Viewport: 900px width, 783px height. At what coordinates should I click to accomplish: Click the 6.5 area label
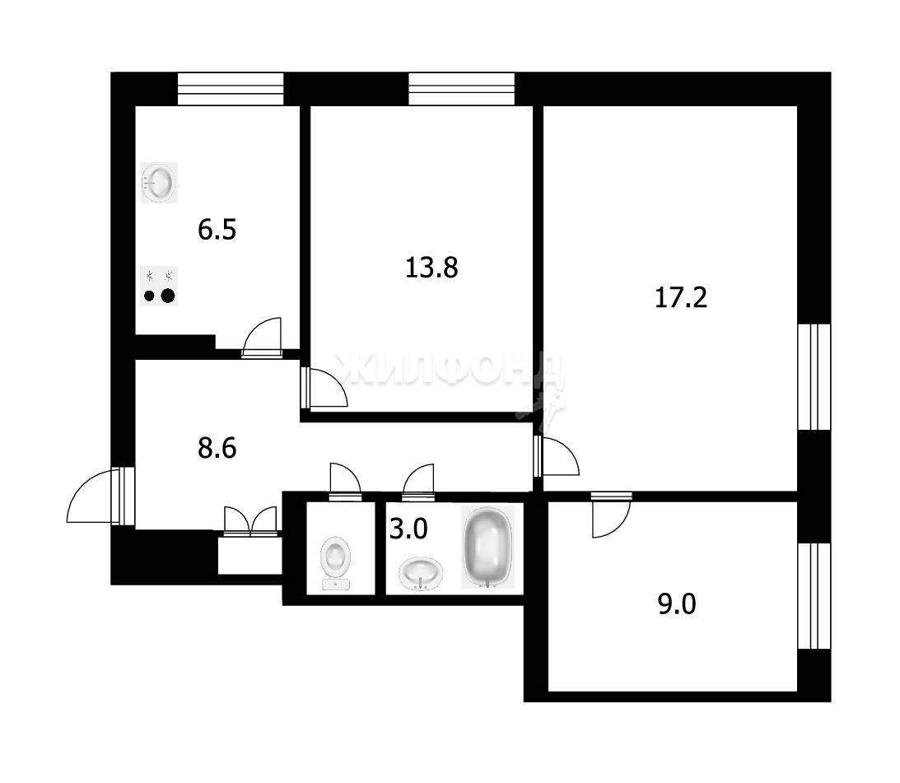(x=217, y=230)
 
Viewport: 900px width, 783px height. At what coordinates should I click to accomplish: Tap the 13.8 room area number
(x=431, y=268)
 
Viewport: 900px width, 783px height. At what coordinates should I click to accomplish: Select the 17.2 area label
(x=681, y=298)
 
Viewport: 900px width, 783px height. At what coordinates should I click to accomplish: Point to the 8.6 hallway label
(x=217, y=448)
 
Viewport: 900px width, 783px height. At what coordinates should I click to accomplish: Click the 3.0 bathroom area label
(x=408, y=529)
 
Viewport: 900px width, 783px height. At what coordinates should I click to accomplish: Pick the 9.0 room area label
(x=677, y=604)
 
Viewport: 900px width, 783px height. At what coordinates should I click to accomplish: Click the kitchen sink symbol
(x=159, y=183)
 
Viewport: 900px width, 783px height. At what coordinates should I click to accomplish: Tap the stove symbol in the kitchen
(x=159, y=286)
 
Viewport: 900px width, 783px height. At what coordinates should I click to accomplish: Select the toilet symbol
(x=336, y=562)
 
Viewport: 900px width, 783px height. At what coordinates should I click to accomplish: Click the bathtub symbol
(x=487, y=548)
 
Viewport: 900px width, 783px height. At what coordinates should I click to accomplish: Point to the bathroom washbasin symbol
(x=422, y=572)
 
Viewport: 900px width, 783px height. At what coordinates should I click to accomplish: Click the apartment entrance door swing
(x=95, y=496)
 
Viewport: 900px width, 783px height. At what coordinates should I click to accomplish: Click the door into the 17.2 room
(x=557, y=456)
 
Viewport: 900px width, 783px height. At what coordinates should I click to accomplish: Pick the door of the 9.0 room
(x=612, y=515)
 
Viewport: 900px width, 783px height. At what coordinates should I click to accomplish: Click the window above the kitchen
(x=231, y=89)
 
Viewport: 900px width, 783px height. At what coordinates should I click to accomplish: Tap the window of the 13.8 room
(x=461, y=89)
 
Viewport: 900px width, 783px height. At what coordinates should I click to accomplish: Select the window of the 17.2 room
(x=814, y=376)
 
